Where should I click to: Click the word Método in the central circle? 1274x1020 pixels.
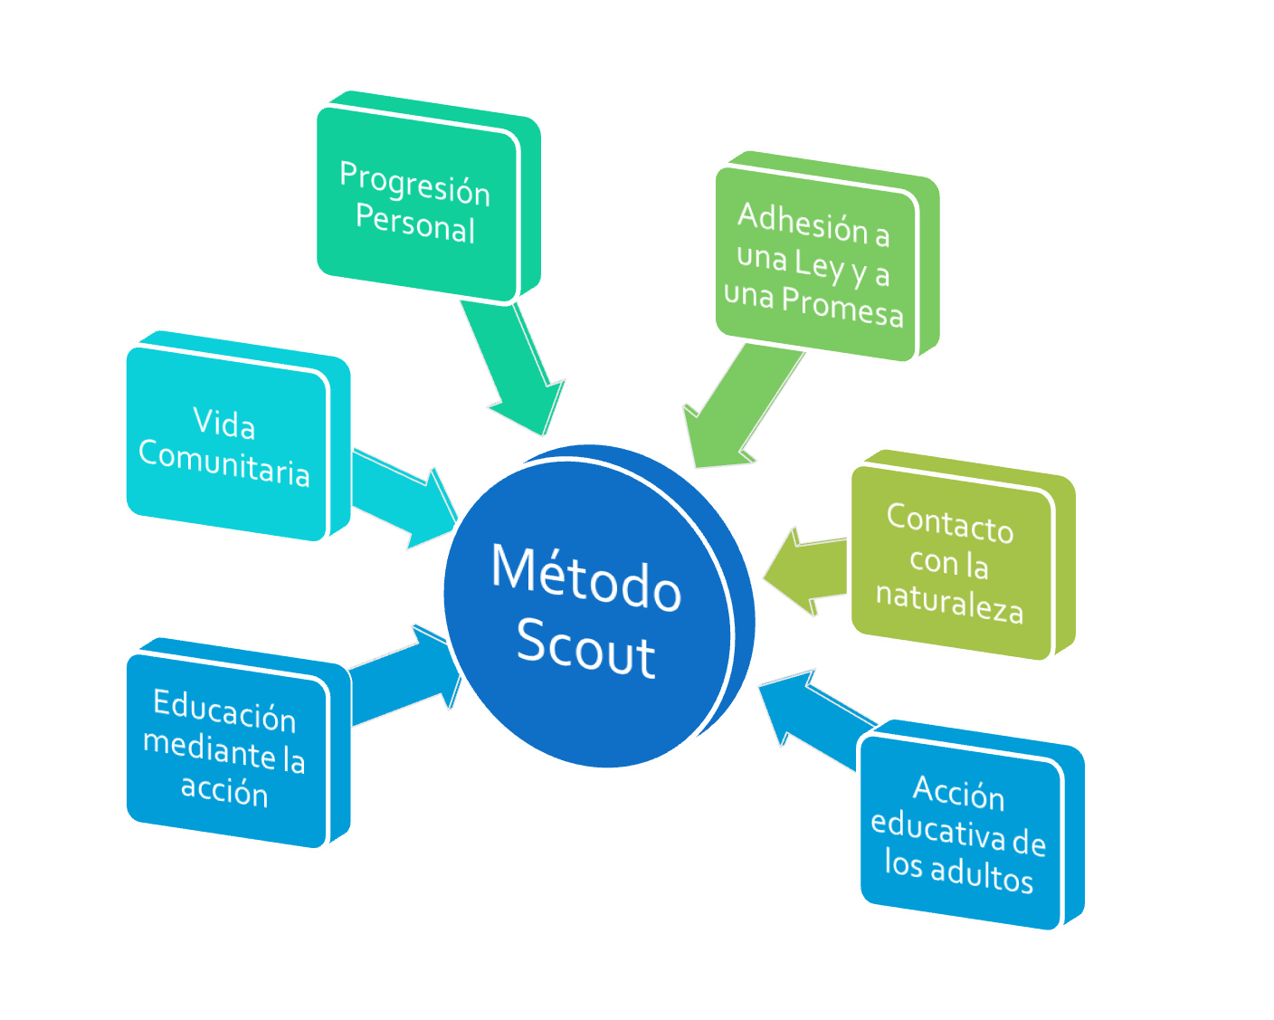[x=585, y=579]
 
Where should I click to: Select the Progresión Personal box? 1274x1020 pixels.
[x=416, y=203]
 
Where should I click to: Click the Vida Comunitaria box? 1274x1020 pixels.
[x=224, y=443]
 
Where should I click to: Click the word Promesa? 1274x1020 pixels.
[x=842, y=307]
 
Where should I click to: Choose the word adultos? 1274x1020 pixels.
[x=982, y=876]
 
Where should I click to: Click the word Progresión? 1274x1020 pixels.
[x=415, y=184]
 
